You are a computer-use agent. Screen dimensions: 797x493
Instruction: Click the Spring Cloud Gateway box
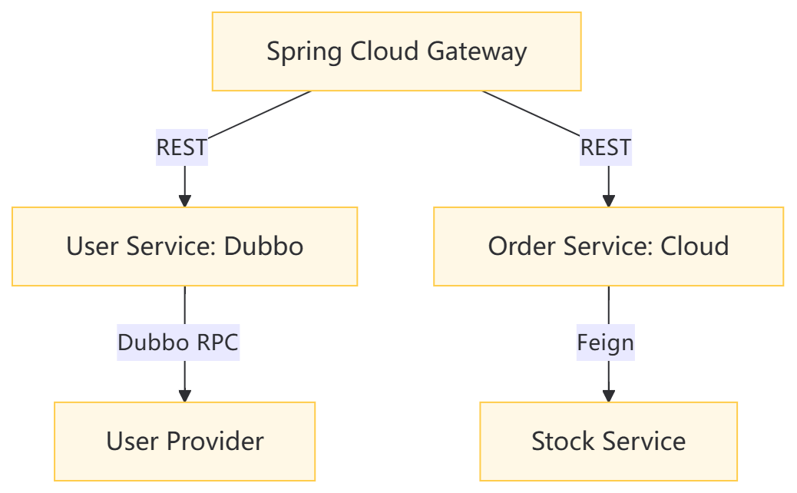tap(396, 51)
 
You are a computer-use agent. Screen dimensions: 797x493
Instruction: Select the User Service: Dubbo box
tap(184, 246)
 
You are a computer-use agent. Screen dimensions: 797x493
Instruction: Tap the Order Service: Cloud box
tap(608, 246)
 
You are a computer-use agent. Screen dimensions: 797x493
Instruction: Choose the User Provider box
tap(184, 441)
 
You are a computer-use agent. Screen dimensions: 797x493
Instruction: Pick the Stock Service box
tap(608, 441)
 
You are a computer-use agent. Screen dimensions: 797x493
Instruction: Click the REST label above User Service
tap(182, 147)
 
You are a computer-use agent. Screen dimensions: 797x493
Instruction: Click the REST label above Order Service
tap(606, 147)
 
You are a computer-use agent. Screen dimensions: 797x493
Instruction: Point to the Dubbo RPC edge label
tap(178, 342)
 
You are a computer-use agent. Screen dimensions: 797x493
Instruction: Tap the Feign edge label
tap(605, 342)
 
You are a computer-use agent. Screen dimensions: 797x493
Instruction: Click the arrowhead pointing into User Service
tap(185, 200)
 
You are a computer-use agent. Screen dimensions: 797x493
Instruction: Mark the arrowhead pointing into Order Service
tap(609, 200)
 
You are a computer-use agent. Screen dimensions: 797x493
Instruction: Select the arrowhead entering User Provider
tap(185, 396)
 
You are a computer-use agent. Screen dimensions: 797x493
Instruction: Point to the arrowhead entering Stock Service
tap(609, 396)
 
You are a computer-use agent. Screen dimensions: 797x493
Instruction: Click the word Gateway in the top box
tap(477, 52)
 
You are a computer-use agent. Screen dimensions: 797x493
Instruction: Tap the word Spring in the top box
tap(304, 52)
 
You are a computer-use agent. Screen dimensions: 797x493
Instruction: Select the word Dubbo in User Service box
tap(264, 246)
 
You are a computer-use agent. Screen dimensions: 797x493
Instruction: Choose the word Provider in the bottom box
tap(215, 441)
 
